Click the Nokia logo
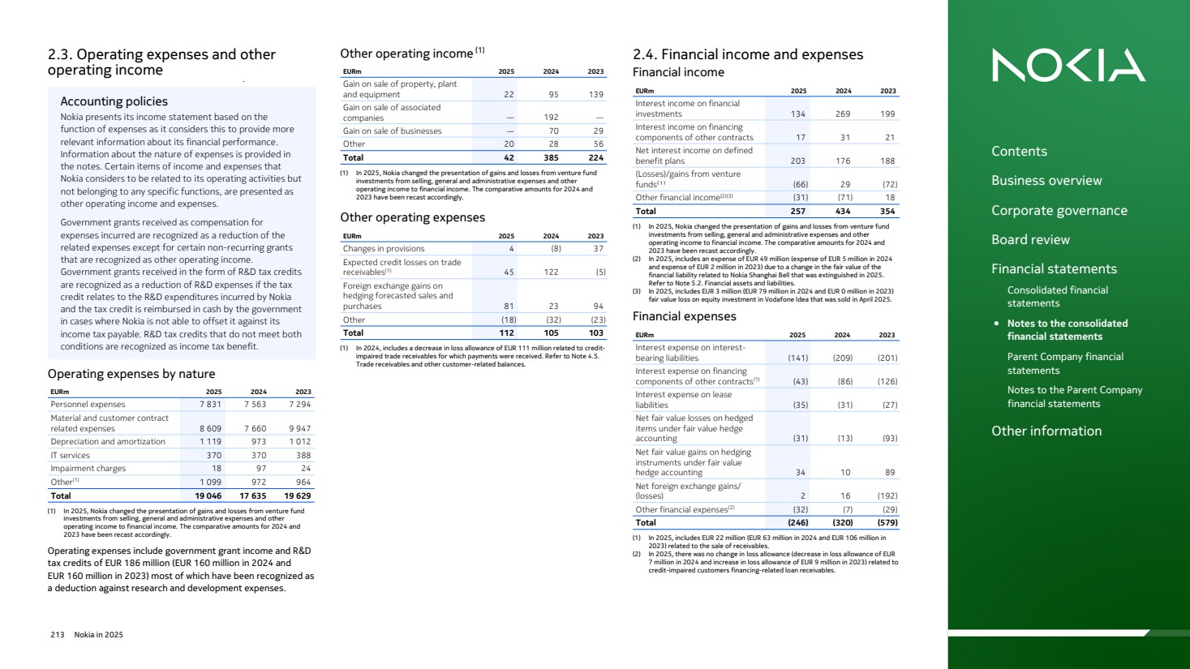tap(1068, 65)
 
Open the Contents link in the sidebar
tap(1019, 152)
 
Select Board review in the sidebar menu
tap(1030, 240)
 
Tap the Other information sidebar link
tap(1046, 431)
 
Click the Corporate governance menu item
tap(1059, 211)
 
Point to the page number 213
tap(57, 635)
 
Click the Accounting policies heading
tap(114, 101)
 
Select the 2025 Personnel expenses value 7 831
tap(210, 405)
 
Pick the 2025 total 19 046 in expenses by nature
tap(208, 496)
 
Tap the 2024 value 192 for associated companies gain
tap(551, 118)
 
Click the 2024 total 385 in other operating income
tap(551, 158)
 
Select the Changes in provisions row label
tap(384, 249)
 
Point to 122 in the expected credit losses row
tap(551, 272)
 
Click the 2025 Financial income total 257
tap(798, 212)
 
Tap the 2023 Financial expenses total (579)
tap(887, 523)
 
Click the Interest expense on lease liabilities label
tap(683, 400)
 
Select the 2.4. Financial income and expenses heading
tap(747, 55)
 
